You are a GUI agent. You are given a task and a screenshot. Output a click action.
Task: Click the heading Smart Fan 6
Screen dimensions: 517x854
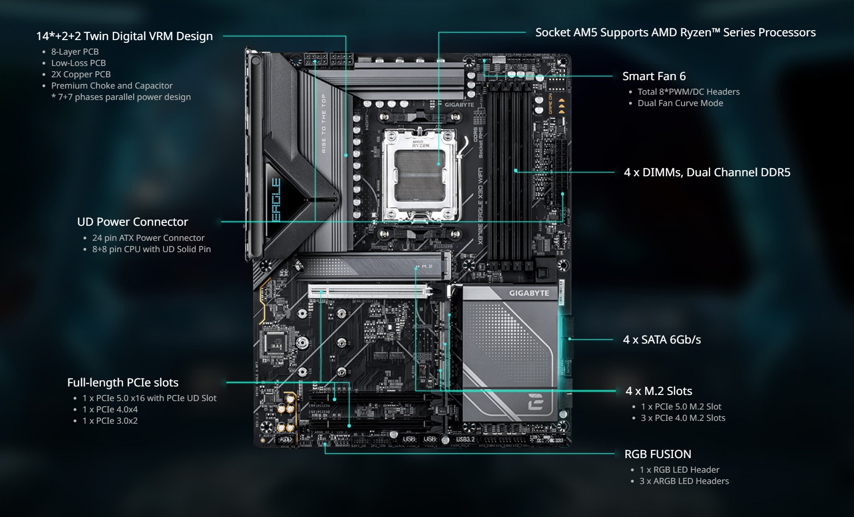pos(654,76)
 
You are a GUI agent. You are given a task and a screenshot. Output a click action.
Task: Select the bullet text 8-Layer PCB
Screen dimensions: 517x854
pos(75,52)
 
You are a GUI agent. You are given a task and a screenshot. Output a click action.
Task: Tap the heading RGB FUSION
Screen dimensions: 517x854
pos(657,454)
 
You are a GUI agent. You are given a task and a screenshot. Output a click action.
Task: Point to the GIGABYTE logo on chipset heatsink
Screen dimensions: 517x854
pos(529,293)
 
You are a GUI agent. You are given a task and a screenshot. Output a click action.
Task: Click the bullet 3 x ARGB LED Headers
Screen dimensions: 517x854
pos(684,481)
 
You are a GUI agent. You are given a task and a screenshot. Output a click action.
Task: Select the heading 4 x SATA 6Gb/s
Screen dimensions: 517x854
pos(662,339)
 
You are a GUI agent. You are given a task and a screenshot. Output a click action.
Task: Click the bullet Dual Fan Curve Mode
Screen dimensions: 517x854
pos(680,103)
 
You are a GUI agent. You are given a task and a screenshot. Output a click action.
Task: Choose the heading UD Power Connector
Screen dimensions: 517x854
pos(133,222)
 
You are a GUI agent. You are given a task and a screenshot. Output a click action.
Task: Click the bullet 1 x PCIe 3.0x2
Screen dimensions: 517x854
pos(110,421)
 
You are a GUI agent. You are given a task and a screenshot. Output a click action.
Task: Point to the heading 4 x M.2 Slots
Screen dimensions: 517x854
pos(658,391)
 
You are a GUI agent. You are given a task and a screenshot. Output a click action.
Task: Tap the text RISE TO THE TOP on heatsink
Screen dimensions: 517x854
pos(323,123)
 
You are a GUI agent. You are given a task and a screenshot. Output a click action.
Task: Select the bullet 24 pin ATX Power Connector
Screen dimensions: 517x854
pos(148,238)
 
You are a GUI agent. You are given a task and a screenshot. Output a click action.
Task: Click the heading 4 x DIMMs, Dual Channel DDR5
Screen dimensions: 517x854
pos(706,172)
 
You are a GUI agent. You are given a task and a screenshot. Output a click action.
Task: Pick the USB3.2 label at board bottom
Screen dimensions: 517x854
pos(465,439)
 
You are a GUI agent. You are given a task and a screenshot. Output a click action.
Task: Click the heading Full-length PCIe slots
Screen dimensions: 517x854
pos(123,383)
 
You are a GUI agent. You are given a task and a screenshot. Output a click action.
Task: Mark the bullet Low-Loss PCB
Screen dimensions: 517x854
pos(78,63)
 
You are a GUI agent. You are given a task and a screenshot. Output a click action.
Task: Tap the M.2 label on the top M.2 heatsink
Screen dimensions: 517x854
pos(426,267)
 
